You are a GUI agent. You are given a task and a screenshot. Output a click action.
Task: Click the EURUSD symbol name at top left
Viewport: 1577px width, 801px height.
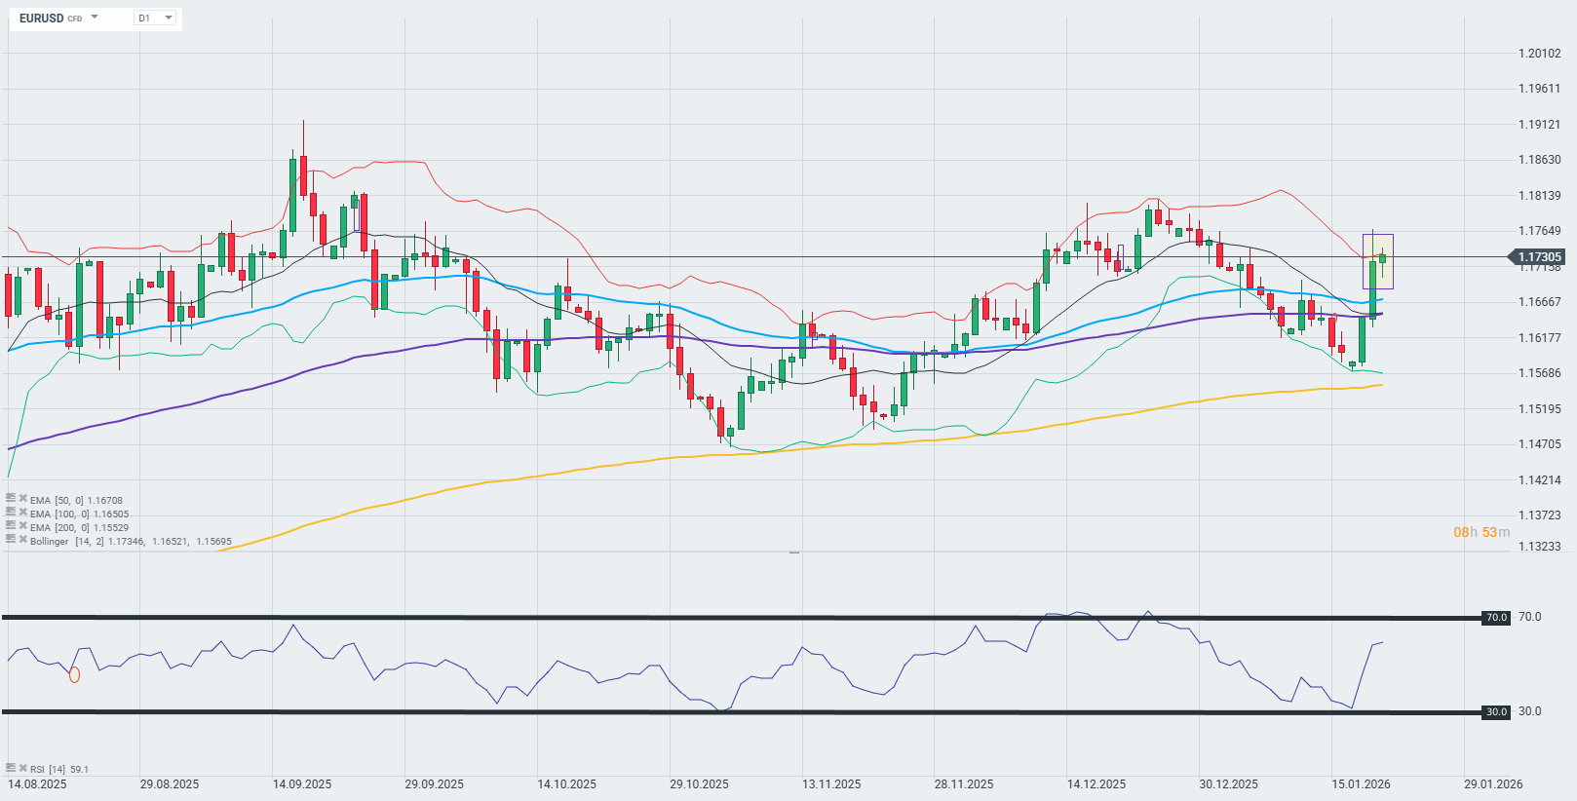click(x=41, y=19)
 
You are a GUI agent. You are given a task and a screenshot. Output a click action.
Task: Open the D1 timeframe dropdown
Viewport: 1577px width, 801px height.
click(x=155, y=19)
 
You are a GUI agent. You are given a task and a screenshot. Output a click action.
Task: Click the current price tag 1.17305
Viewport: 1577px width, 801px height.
click(x=1538, y=257)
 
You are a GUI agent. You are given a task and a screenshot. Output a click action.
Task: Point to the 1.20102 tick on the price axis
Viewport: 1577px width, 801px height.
click(x=1540, y=54)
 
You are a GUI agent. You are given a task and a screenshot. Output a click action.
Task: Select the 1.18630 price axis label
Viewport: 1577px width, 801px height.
click(x=1540, y=160)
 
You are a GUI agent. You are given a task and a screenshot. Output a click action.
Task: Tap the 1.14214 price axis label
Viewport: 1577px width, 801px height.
click(x=1540, y=480)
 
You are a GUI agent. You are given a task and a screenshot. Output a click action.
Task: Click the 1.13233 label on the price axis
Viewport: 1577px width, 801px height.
click(x=1540, y=547)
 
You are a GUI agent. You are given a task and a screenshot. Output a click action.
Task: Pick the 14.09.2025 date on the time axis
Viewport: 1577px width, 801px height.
click(x=302, y=784)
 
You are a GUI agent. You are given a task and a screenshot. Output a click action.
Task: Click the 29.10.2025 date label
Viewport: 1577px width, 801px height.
click(x=699, y=784)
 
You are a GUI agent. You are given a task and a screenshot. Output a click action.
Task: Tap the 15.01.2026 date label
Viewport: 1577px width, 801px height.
click(x=1361, y=784)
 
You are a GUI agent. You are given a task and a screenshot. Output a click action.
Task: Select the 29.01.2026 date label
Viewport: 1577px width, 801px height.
click(x=1493, y=784)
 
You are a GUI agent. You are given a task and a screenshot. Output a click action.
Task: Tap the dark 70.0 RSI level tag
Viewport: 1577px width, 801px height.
click(x=1496, y=618)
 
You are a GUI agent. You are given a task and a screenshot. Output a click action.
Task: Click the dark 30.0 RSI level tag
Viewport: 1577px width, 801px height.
click(x=1496, y=712)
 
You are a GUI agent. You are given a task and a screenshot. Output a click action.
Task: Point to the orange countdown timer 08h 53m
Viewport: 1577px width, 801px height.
click(x=1481, y=532)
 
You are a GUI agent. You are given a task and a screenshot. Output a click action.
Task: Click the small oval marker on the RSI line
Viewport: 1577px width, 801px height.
click(x=75, y=674)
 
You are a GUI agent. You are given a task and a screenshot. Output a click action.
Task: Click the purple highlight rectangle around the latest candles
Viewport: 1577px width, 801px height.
click(x=1377, y=261)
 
